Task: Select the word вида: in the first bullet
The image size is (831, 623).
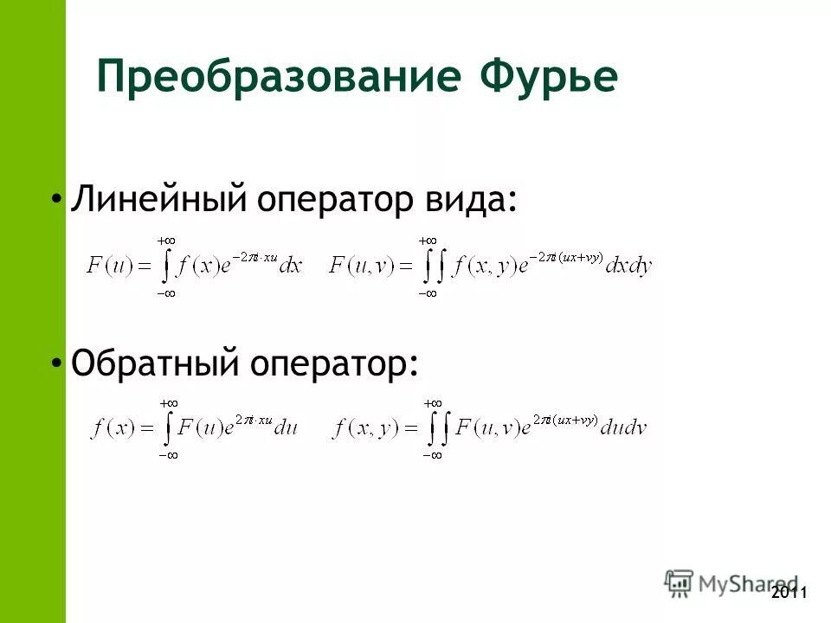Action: point(473,201)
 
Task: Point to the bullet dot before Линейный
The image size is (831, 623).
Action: point(56,200)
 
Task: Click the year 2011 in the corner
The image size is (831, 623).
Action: point(789,593)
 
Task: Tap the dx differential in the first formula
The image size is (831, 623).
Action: point(291,267)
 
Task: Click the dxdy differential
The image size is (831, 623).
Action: point(628,267)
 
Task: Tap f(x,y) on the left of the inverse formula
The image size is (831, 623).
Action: point(363,428)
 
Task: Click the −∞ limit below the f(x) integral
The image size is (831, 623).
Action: point(168,455)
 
